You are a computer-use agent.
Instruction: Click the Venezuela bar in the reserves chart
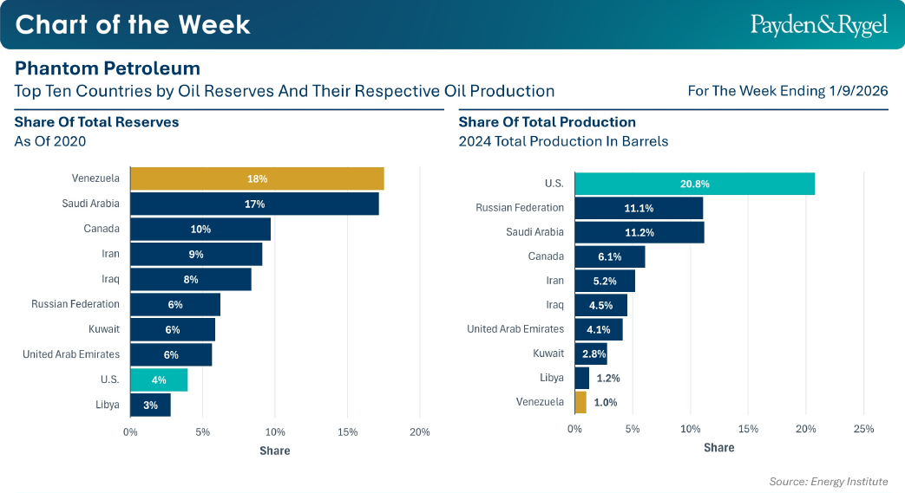257,178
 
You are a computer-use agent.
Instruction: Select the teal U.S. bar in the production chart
694,184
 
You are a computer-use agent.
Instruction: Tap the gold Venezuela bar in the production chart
580,402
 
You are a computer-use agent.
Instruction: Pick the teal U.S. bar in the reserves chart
159,379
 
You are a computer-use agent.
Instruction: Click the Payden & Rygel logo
819,25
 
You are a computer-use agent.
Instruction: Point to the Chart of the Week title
133,24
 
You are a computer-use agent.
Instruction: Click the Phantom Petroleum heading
108,68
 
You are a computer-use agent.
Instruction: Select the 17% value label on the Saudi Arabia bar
254,204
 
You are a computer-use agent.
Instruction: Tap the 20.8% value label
695,184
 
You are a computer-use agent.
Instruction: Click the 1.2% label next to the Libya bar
608,378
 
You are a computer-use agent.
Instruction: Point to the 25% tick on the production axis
863,429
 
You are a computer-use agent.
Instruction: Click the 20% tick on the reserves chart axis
420,432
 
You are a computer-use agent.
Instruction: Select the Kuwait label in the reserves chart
104,329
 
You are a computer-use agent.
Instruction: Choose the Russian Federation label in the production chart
520,208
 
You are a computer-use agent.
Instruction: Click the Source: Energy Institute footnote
829,482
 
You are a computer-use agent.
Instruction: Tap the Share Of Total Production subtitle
547,122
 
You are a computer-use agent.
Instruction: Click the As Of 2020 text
50,141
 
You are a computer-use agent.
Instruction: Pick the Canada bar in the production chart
609,256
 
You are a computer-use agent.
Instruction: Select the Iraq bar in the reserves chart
191,279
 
